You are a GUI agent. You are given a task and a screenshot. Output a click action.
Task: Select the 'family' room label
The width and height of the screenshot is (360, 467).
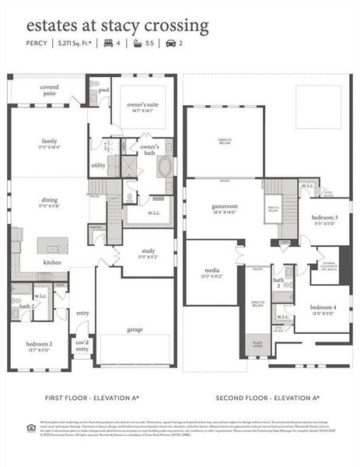tap(49, 141)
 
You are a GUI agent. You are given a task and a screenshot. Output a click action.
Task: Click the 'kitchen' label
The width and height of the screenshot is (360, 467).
tap(53, 262)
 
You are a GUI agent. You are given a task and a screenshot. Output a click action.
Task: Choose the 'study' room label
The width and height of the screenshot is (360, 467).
tap(147, 251)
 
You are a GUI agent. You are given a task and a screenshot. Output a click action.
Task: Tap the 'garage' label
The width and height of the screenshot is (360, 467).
tap(135, 329)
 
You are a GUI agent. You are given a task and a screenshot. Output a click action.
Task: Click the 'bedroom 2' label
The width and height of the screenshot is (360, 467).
tap(39, 343)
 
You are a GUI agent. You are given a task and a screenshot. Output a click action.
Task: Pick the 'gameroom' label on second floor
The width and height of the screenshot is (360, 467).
tap(224, 206)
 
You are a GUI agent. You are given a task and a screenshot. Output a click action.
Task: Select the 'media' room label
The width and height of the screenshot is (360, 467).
tap(211, 272)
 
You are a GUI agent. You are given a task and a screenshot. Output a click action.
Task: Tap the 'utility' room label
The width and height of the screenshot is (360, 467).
tap(98, 165)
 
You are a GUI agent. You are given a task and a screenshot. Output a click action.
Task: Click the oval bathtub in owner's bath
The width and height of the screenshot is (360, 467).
tap(165, 167)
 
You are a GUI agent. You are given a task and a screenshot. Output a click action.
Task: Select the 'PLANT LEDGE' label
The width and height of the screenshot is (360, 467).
tap(257, 343)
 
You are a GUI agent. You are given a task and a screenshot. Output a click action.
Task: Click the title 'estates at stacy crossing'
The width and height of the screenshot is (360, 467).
tap(117, 26)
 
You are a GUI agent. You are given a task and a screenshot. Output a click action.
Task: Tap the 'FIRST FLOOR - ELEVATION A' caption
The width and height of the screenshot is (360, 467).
tap(93, 398)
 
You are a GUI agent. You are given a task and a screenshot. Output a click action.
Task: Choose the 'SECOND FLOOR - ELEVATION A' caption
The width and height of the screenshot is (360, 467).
tap(267, 398)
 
